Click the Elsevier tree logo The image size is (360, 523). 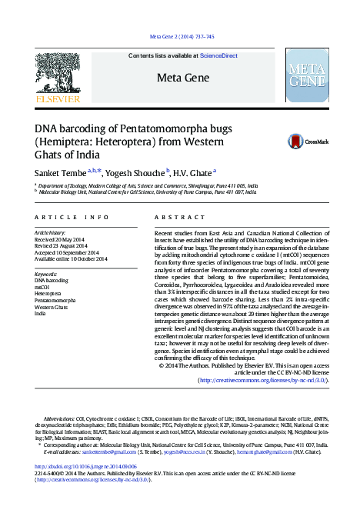(x=58, y=75)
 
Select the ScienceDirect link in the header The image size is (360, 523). (x=218, y=56)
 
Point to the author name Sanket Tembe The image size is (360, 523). (x=60, y=172)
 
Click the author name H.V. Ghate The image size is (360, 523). (x=192, y=172)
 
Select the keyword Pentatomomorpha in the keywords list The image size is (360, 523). (x=55, y=300)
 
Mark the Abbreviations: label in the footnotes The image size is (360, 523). (x=61, y=421)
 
